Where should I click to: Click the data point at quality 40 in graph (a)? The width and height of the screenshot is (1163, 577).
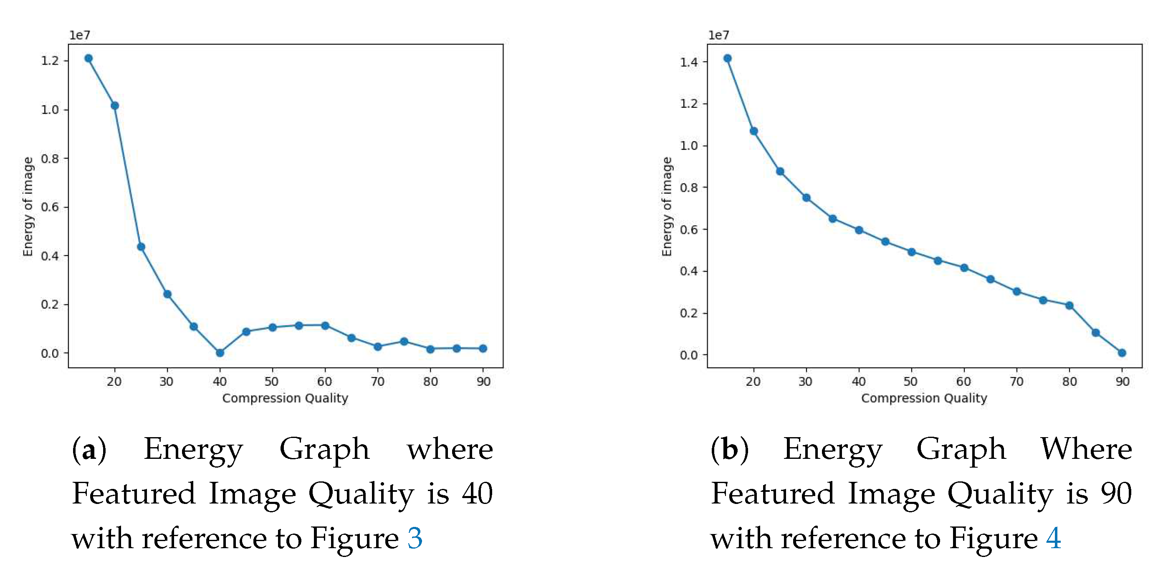[x=220, y=353]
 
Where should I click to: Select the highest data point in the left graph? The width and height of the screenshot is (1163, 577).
[x=88, y=58]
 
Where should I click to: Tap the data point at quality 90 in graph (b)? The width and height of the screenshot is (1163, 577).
[x=1122, y=353]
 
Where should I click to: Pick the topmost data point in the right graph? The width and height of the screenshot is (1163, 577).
[x=727, y=58]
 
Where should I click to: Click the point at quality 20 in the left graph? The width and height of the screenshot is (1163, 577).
[x=115, y=106]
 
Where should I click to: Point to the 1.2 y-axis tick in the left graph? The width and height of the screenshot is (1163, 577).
[x=51, y=61]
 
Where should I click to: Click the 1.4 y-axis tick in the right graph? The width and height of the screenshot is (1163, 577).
[x=689, y=62]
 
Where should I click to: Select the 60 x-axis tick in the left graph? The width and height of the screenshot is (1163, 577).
[x=325, y=382]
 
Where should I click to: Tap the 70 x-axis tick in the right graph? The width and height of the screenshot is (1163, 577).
[x=1016, y=382]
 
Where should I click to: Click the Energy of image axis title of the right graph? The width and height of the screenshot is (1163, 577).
[x=667, y=207]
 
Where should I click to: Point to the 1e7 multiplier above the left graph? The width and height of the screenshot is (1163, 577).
[x=79, y=35]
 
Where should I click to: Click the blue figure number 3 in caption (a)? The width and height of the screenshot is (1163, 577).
[x=415, y=538]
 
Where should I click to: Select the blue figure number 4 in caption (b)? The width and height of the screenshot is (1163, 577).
[x=1053, y=538]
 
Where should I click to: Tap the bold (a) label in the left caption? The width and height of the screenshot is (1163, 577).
[x=89, y=450]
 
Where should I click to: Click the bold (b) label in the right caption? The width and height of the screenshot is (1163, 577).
[x=729, y=450]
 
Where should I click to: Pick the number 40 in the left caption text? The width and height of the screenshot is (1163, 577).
[x=477, y=493]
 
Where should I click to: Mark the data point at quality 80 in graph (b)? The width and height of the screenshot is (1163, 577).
[x=1069, y=306]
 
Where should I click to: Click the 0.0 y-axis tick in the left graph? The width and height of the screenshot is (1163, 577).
[x=51, y=354]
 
